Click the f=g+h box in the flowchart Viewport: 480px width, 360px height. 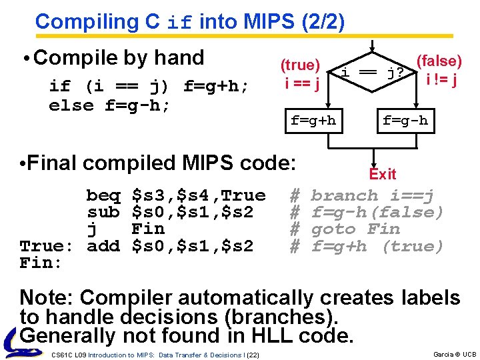(x=313, y=121)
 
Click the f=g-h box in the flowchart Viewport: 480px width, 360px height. (x=405, y=121)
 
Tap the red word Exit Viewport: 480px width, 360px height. (x=383, y=175)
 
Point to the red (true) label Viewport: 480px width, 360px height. (x=300, y=65)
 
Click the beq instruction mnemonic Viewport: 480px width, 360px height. (x=103, y=196)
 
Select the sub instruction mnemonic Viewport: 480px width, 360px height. (x=103, y=213)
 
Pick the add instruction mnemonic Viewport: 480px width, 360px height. (x=103, y=246)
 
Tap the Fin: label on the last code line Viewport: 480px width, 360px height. (x=40, y=263)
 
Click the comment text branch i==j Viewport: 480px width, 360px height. (x=373, y=196)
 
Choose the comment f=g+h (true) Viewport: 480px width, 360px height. (x=377, y=246)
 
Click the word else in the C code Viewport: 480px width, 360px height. (x=71, y=105)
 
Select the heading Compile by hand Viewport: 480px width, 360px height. (x=118, y=58)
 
